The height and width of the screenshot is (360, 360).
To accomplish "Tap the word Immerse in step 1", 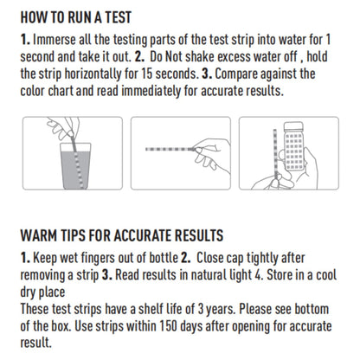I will point(57,42).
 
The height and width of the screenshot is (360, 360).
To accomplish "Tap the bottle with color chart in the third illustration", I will point(291,147).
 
